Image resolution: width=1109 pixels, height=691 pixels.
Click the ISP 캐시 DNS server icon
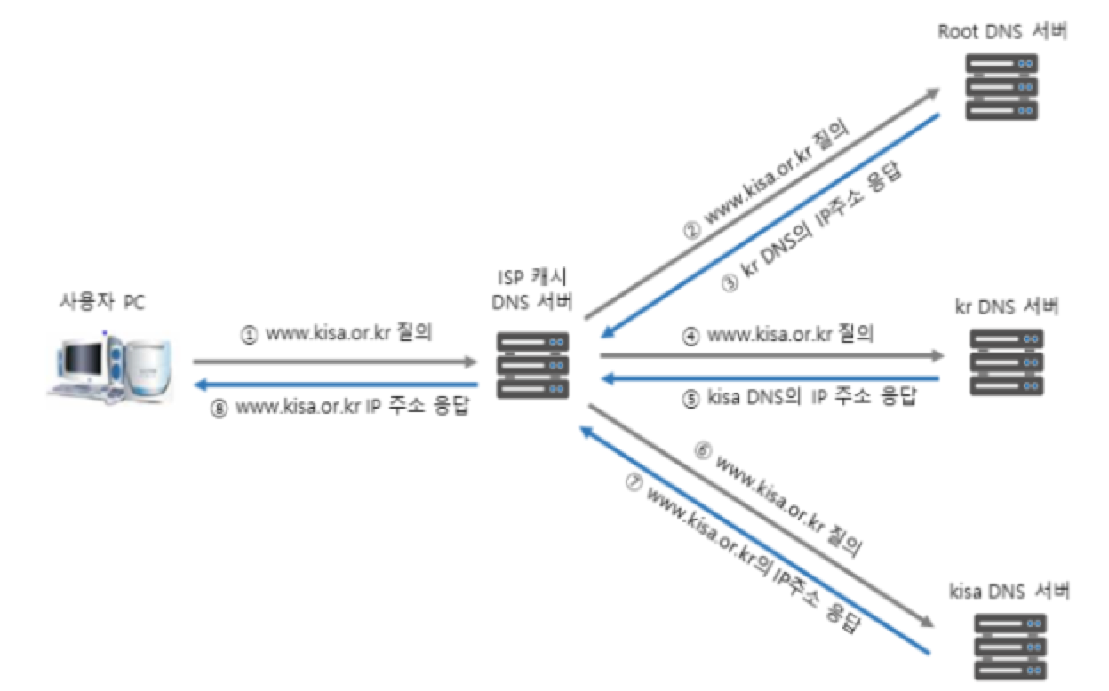533,364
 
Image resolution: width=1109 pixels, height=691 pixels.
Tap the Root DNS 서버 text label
1001,32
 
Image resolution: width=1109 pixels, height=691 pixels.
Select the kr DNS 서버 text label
1006,307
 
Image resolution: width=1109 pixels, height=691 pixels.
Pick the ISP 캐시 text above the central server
533,278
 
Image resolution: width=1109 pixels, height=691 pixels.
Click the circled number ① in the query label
250,336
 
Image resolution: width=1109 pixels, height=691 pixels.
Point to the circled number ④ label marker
690,336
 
